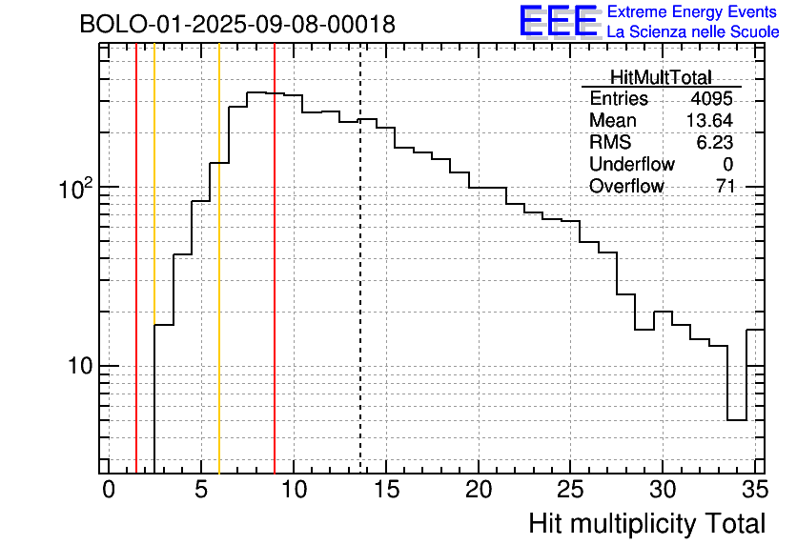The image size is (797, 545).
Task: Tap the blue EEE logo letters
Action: point(558,21)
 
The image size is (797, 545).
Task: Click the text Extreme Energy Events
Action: point(693,12)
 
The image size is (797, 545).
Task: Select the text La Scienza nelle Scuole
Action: point(693,32)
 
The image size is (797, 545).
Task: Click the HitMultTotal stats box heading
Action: point(661,78)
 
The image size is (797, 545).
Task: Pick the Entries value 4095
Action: point(711,99)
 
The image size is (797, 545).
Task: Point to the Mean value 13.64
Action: point(709,121)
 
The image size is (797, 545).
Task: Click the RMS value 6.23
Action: point(714,143)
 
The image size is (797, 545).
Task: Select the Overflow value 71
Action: point(725,187)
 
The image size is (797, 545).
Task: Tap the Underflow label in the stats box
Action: point(631,165)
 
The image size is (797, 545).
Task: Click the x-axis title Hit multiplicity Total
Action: point(646,523)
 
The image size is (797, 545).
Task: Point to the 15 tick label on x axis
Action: point(385,490)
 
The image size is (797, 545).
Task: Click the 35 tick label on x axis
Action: point(754,490)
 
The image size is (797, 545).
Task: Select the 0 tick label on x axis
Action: point(109,490)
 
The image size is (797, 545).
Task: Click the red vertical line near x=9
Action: point(275,286)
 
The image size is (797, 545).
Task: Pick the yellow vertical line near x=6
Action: point(219,286)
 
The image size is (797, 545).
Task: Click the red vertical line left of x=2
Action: point(136,286)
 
